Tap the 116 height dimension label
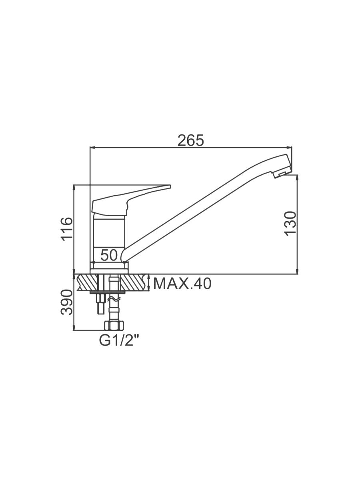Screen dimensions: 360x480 (x=66, y=229)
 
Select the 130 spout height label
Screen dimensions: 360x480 (x=290, y=224)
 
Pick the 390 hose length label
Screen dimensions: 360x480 (x=66, y=302)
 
